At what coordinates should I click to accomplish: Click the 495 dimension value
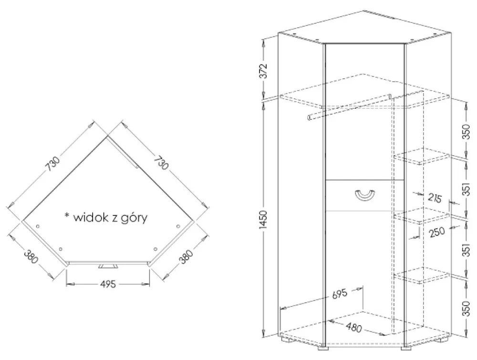(x=108, y=284)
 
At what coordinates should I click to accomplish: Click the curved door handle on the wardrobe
(x=365, y=195)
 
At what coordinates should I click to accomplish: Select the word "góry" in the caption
(x=134, y=218)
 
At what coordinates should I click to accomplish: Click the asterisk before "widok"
(x=67, y=216)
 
